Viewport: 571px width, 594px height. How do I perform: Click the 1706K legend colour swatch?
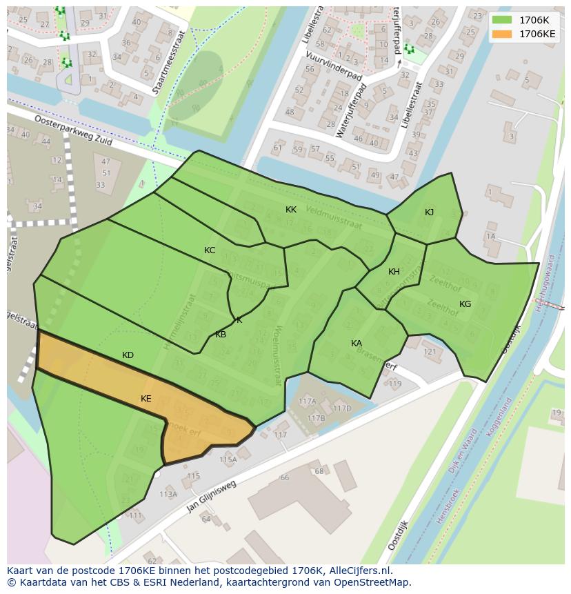(502, 20)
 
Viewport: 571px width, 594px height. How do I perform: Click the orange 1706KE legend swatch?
(502, 34)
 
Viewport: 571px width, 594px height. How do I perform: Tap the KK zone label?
(291, 209)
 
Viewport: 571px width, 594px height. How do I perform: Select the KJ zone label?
(429, 212)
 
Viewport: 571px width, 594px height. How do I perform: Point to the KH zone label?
(394, 272)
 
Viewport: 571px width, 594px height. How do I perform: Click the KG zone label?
(465, 304)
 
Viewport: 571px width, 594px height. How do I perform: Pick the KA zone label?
(357, 344)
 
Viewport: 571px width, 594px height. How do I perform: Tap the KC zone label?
(210, 250)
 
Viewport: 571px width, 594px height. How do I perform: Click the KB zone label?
(221, 335)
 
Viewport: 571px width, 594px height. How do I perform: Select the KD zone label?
(128, 355)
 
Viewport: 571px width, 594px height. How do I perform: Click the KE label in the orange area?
(146, 399)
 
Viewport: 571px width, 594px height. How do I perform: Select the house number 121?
(430, 353)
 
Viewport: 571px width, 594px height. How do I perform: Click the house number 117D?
(342, 408)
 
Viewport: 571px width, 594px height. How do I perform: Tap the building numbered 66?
(285, 477)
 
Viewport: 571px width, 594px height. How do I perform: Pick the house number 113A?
(168, 494)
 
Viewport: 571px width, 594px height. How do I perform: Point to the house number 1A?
(490, 237)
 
